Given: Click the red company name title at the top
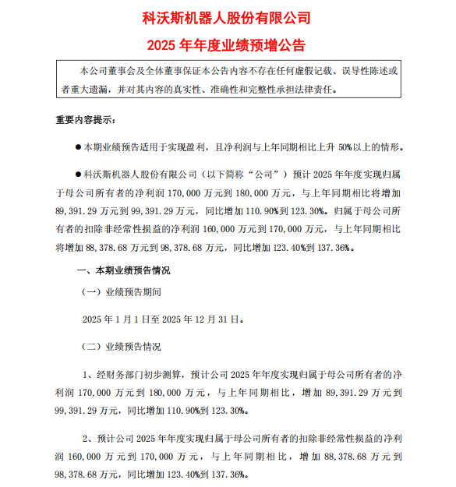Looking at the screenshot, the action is pyautogui.click(x=228, y=16).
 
